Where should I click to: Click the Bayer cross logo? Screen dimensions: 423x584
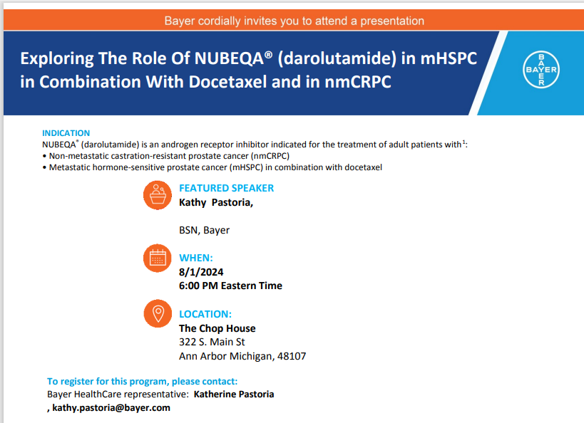click(x=541, y=70)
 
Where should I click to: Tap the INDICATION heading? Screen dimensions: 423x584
click(x=66, y=133)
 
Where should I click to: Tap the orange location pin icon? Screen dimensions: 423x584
click(x=157, y=313)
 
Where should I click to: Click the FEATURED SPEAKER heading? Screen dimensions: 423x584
click(x=226, y=188)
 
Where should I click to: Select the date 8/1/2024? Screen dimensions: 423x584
click(x=202, y=271)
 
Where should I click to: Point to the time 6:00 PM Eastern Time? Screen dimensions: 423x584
click(x=230, y=286)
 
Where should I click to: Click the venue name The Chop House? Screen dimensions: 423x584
click(x=217, y=328)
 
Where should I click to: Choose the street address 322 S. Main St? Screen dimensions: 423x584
click(x=212, y=342)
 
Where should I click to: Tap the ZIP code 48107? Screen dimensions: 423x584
click(x=292, y=356)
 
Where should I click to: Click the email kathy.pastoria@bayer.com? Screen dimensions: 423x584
click(x=111, y=407)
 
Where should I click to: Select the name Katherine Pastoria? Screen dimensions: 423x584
click(x=234, y=394)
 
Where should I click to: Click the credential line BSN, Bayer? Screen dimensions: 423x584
click(x=204, y=230)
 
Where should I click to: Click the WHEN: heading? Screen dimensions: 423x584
click(x=196, y=258)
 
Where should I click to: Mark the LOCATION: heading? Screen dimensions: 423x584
click(x=205, y=314)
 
